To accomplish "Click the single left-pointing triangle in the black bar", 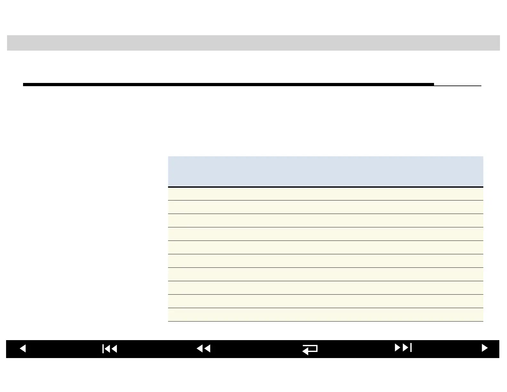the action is [x=23, y=348].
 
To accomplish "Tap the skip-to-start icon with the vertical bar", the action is [x=110, y=349].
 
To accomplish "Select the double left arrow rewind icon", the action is [x=204, y=348].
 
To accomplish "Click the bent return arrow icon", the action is [x=310, y=349].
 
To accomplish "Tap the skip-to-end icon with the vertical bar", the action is [x=403, y=347].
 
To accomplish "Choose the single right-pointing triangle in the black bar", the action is [x=485, y=348].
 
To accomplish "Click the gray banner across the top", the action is [x=253, y=43].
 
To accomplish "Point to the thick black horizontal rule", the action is [x=228, y=85].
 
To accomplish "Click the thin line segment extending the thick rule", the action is [x=458, y=86].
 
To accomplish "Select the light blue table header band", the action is [x=325, y=171].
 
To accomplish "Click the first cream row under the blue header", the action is [x=325, y=194].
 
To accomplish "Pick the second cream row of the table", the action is [x=325, y=207].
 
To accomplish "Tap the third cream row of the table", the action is [x=325, y=221].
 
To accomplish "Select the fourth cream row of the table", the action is [x=325, y=234].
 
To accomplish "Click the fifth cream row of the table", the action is [x=325, y=248].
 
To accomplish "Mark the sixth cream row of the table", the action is [x=325, y=261].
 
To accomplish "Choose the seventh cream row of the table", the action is [x=325, y=274].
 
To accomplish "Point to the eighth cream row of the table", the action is [x=325, y=288].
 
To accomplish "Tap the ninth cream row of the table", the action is [x=325, y=301].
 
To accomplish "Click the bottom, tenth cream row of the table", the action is [x=325, y=315].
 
